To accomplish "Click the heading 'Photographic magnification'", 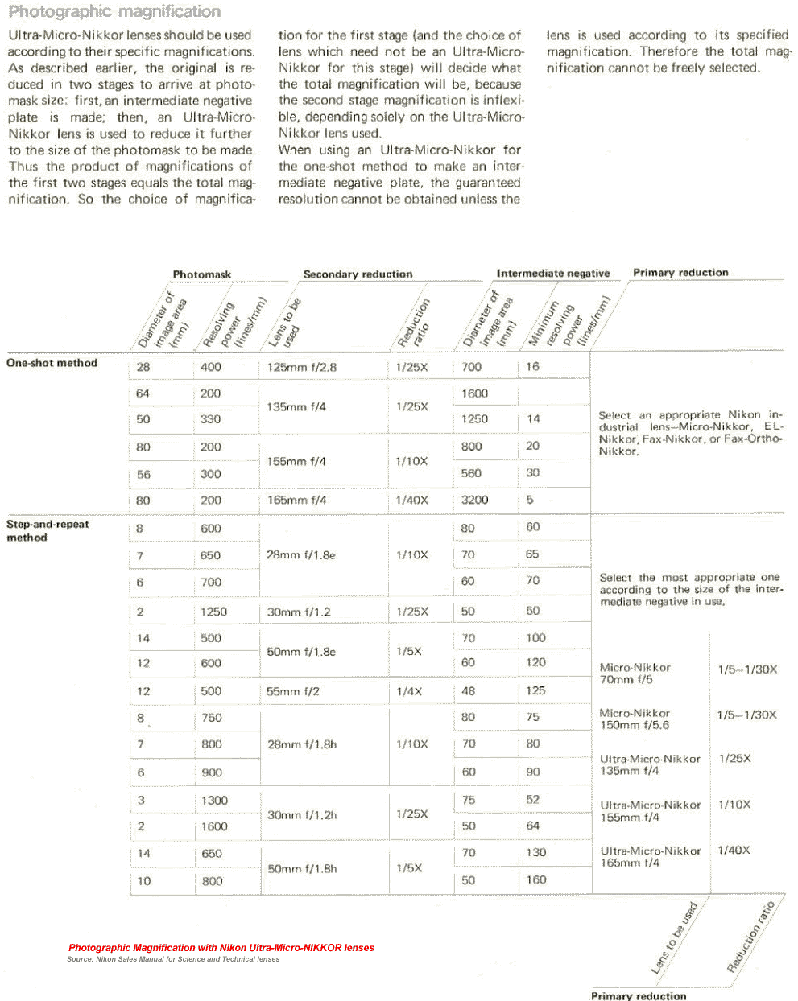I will click(x=114, y=12).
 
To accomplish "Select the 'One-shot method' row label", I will click(x=52, y=363).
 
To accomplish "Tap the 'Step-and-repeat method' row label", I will click(x=48, y=530).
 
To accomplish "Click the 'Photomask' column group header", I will click(x=201, y=274).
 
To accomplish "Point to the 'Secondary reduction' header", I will click(x=358, y=274).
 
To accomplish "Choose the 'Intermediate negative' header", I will click(x=552, y=274).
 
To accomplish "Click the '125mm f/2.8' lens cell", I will click(x=302, y=367).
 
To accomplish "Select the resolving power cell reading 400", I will click(x=211, y=367).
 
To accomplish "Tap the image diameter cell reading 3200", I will click(x=474, y=500).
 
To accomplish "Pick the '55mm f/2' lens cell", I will click(x=293, y=691).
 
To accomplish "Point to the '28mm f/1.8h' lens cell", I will click(x=302, y=744).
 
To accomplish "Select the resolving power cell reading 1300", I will click(x=214, y=801).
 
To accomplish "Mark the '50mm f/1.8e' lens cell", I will click(x=301, y=651).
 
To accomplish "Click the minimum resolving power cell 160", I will click(x=536, y=879).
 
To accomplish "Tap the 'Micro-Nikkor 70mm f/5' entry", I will click(x=635, y=674).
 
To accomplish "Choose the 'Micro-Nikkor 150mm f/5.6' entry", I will click(x=635, y=719).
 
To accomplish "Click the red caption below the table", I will click(x=221, y=948).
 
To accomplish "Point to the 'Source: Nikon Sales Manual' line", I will click(x=173, y=959).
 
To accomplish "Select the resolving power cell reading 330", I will click(x=211, y=419).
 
